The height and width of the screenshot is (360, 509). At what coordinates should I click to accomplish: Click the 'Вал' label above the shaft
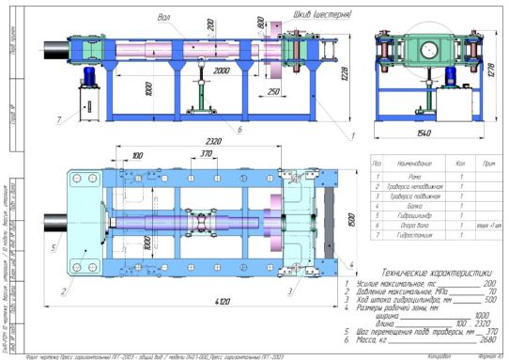click(x=165, y=16)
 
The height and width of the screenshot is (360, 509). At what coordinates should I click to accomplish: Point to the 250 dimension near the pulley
click(x=271, y=92)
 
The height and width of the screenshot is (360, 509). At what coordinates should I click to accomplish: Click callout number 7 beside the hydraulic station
click(x=59, y=120)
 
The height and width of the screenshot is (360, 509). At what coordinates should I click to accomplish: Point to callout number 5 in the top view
click(x=52, y=248)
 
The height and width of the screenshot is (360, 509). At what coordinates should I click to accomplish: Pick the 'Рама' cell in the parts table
click(x=410, y=176)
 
